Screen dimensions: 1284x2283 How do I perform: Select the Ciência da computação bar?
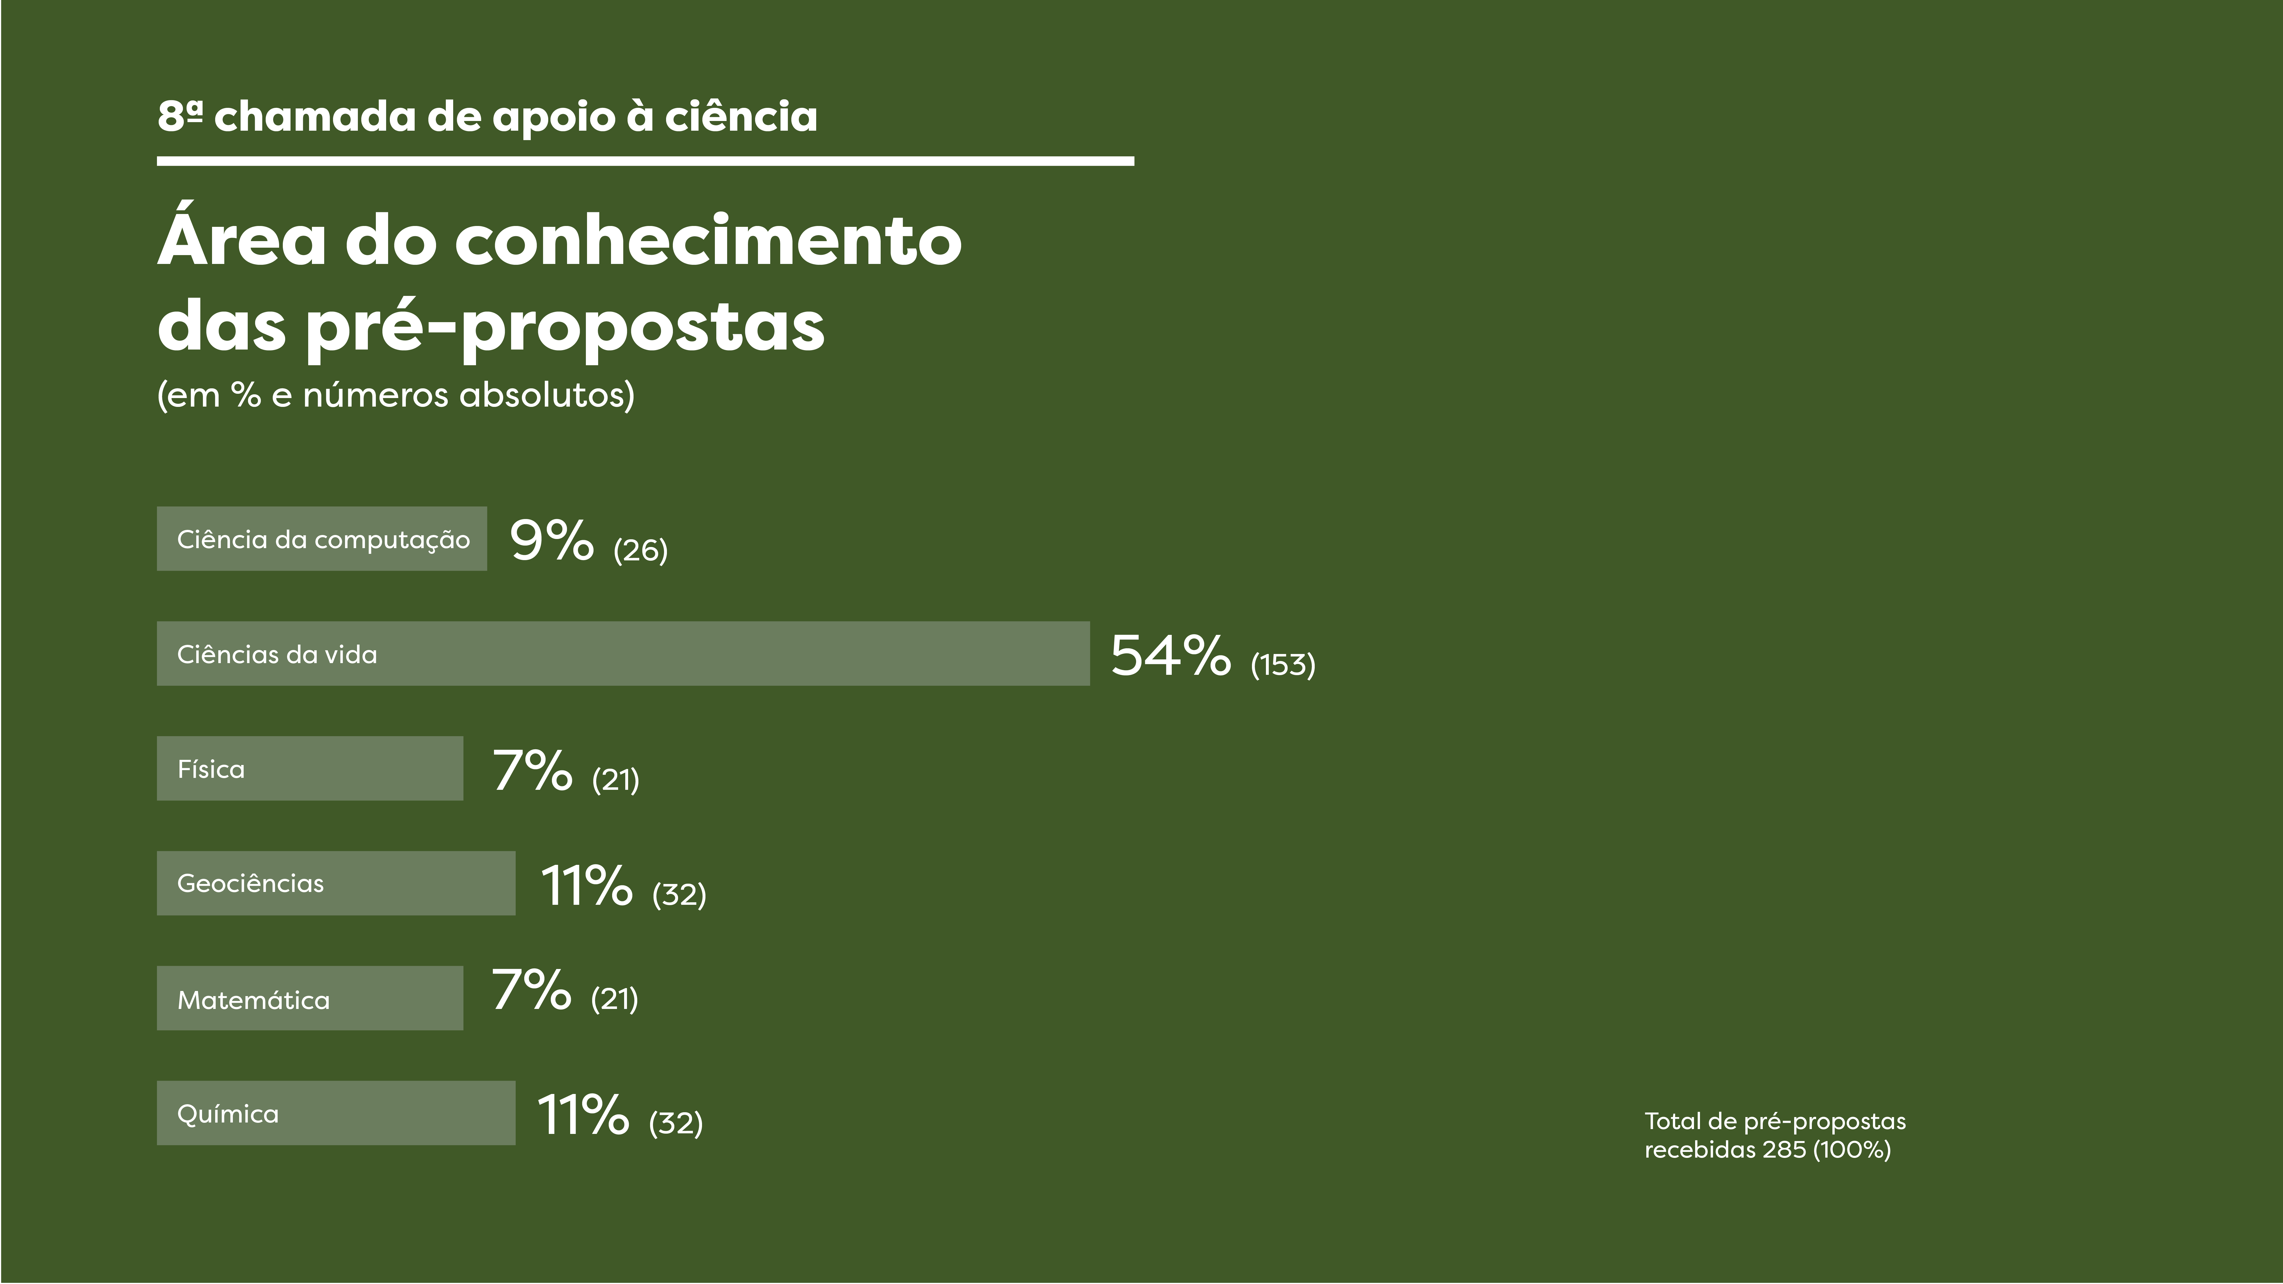pos(322,539)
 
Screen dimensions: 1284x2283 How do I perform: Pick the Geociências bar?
pos(336,883)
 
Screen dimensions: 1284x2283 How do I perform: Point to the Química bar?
pos(336,1113)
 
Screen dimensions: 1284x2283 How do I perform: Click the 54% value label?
pos(1170,656)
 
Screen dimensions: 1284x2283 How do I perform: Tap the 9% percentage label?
pos(551,540)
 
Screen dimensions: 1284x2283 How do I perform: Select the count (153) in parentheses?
pos(1282,665)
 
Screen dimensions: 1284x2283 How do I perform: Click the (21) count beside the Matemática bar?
pos(614,999)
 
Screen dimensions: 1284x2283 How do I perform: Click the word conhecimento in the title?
pos(707,241)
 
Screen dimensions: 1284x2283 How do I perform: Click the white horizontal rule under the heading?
pos(645,161)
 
